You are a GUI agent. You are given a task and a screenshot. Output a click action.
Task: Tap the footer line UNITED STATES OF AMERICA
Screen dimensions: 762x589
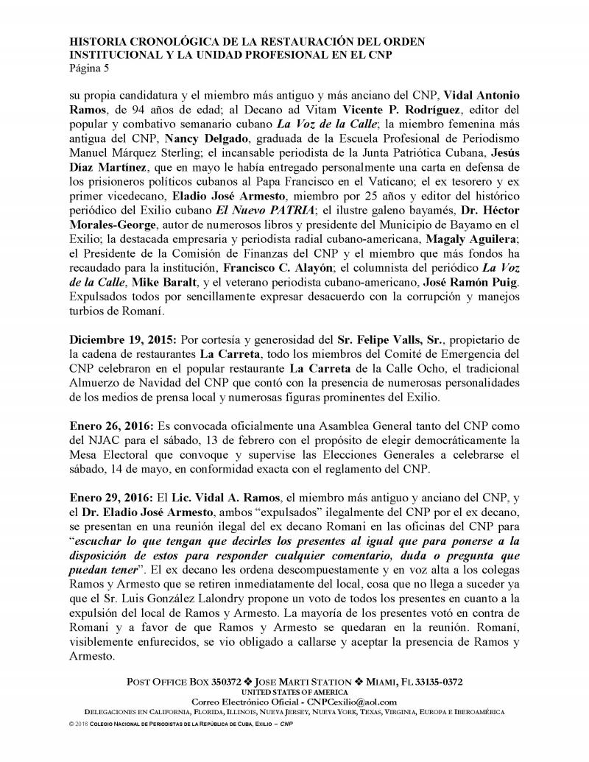coord(294,692)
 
